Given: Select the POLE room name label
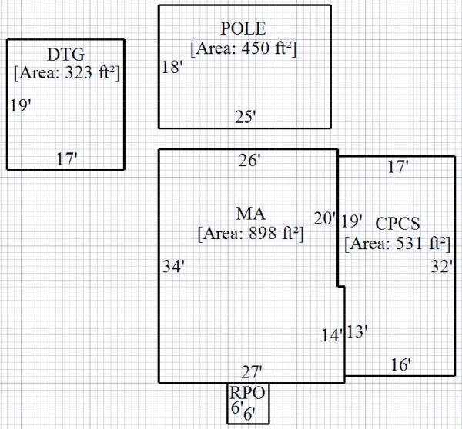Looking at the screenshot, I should [x=243, y=29].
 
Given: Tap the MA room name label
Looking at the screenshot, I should [x=250, y=213].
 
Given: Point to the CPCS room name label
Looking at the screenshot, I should [x=397, y=224].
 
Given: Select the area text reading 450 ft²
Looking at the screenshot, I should [x=243, y=48].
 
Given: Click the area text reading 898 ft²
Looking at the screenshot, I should [x=250, y=233].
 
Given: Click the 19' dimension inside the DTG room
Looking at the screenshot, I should [x=21, y=105].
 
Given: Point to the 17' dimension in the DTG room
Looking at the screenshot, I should [x=67, y=159].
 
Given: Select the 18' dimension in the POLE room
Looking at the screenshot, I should [x=172, y=68].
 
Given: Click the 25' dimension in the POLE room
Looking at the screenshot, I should [x=246, y=117].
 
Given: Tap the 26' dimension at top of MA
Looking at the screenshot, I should [x=249, y=161].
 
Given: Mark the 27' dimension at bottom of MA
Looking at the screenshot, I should [x=252, y=373].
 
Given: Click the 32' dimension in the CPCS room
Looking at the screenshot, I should [x=442, y=267].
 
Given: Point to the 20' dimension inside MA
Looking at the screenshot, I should [x=324, y=218].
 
